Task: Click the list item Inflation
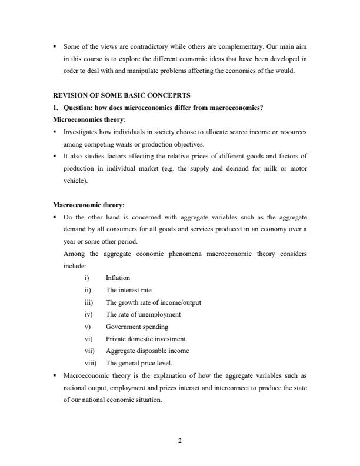118,278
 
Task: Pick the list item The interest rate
128,290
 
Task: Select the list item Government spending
136,327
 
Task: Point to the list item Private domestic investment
145,339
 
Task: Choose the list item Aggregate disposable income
147,351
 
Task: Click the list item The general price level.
139,363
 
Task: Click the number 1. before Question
56,108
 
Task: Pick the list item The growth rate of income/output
153,302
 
